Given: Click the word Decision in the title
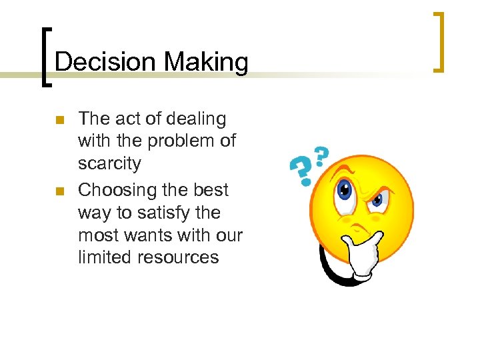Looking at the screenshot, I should click(x=107, y=63).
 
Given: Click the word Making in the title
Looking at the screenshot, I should click(x=206, y=63).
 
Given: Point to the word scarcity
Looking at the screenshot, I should click(x=109, y=163).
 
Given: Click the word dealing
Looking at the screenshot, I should click(x=196, y=119).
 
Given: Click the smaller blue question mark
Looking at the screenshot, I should click(x=321, y=157).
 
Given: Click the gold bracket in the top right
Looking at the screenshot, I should click(x=437, y=41).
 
